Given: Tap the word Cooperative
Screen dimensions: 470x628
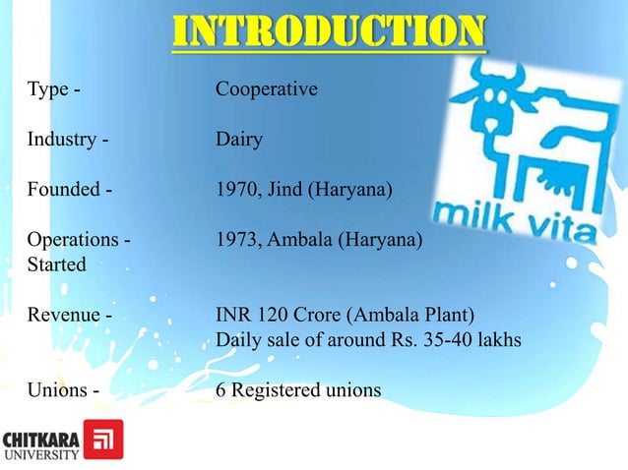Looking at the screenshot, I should (267, 89).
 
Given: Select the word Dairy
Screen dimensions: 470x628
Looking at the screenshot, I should (239, 140).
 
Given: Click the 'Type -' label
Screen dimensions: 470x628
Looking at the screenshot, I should (53, 89).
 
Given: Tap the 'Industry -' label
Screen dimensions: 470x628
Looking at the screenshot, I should (67, 140).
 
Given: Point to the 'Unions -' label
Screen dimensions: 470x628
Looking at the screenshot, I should (63, 390).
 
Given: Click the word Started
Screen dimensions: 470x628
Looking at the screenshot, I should (56, 264).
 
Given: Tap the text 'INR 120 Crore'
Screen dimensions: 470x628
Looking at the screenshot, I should (274, 316).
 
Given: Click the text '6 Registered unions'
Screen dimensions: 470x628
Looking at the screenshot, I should (298, 390).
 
